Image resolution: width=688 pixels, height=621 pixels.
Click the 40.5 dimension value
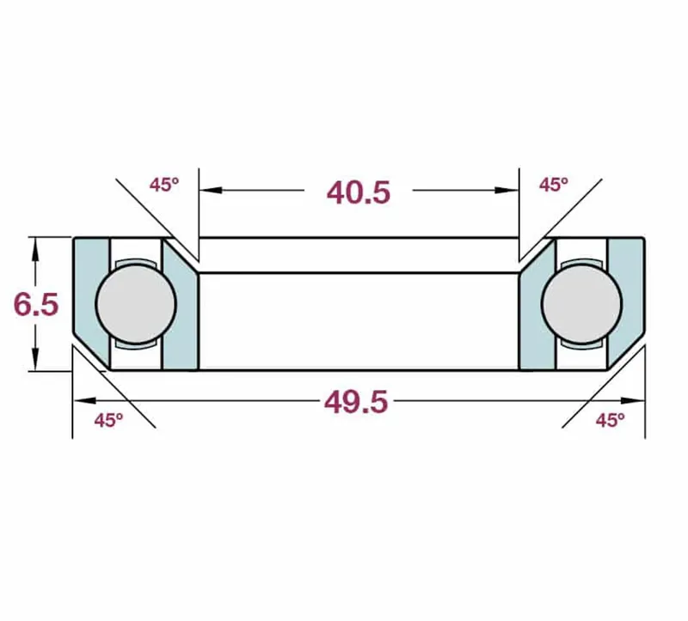(359, 192)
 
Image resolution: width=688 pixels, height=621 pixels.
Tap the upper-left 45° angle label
(163, 184)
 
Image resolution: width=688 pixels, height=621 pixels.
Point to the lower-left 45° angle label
(108, 420)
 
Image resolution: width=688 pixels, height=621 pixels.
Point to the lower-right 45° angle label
(610, 420)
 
